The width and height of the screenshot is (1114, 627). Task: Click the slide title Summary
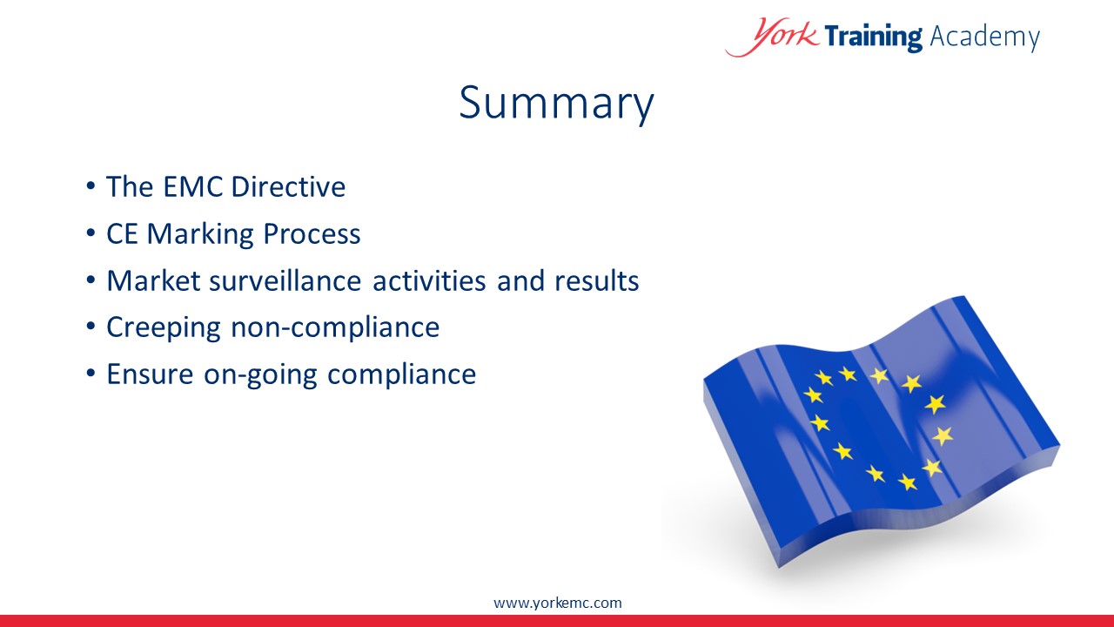click(556, 104)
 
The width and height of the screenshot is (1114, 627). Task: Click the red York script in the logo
click(772, 37)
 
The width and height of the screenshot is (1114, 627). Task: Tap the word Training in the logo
click(873, 37)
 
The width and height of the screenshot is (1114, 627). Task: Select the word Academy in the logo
click(984, 37)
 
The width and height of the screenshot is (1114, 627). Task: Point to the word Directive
click(288, 186)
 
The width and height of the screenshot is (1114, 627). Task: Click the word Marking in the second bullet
click(200, 234)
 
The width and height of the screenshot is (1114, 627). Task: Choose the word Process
click(312, 234)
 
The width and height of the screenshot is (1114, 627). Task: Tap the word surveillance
click(285, 280)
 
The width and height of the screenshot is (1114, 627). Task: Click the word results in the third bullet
click(596, 280)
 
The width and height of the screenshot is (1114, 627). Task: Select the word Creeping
click(163, 328)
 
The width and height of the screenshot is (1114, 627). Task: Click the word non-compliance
click(335, 328)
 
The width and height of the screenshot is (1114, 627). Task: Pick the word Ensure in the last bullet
click(150, 374)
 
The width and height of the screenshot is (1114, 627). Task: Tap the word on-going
click(260, 375)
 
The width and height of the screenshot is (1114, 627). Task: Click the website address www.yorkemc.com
click(558, 603)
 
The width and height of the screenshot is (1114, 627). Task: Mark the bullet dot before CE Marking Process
click(91, 233)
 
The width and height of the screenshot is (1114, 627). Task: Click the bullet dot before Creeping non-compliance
click(91, 327)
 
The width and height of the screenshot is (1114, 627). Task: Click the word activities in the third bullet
click(429, 280)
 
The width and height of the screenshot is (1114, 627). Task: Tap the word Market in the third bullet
click(153, 280)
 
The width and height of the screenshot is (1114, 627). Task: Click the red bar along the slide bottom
click(557, 621)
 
